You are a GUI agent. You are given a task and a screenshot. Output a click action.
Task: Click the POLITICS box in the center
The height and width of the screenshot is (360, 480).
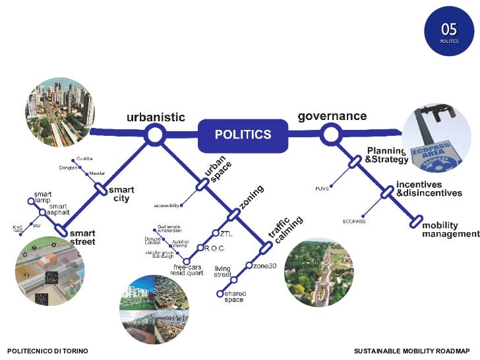pyautogui.click(x=243, y=135)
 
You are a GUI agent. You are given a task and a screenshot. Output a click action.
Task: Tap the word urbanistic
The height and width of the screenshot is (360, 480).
pyautogui.click(x=156, y=117)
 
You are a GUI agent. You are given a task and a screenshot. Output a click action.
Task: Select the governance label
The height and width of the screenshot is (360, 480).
pyautogui.click(x=332, y=116)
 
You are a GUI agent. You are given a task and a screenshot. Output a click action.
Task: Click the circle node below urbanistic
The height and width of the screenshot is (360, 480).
pyautogui.click(x=155, y=136)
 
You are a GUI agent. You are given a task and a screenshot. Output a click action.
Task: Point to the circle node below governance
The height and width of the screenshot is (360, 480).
pyautogui.click(x=329, y=136)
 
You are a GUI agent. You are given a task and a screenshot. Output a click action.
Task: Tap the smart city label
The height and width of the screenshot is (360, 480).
pyautogui.click(x=121, y=194)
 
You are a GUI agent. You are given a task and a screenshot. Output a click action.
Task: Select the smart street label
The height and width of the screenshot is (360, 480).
pyautogui.click(x=82, y=237)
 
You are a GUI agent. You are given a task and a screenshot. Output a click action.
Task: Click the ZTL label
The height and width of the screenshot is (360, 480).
pyautogui.click(x=226, y=233)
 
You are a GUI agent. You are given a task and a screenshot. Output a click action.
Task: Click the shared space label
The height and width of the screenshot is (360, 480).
pyautogui.click(x=233, y=297)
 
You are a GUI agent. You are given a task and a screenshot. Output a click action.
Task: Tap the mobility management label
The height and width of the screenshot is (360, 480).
pyautogui.click(x=450, y=229)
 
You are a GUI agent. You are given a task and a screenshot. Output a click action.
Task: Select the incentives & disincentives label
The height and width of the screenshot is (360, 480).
pyautogui.click(x=429, y=189)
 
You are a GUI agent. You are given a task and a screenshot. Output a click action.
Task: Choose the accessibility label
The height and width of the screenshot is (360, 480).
pyautogui.click(x=167, y=205)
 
